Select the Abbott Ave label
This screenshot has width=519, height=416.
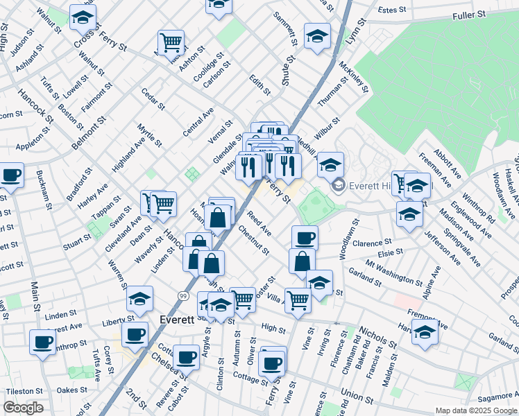coord(448,163)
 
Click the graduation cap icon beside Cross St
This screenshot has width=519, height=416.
coord(83,18)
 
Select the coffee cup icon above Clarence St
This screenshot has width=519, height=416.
coord(305,239)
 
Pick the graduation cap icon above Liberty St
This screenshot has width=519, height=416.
coord(139,299)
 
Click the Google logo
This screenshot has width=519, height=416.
coord(23,408)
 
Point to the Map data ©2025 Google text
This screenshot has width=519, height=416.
coord(475,410)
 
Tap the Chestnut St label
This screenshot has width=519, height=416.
coord(253,239)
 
